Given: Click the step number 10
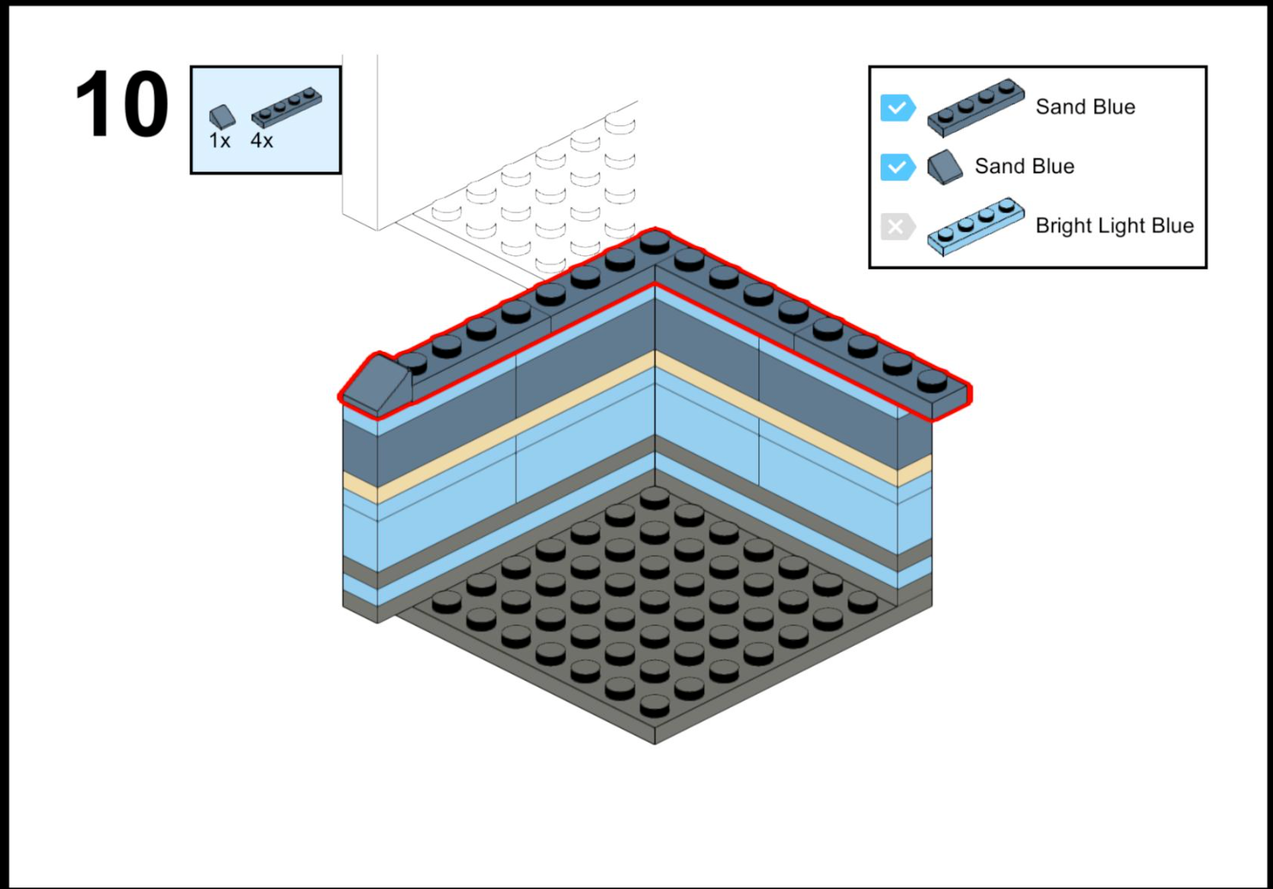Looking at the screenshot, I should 122,104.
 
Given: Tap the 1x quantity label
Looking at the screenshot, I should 219,141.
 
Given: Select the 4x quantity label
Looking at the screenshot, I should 261,141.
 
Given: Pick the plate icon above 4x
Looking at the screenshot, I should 286,107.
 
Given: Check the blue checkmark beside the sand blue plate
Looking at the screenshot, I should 897,108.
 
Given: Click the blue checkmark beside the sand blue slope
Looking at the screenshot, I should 897,167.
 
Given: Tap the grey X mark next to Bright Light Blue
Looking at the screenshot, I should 896,227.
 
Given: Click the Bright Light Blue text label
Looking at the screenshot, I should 1114,226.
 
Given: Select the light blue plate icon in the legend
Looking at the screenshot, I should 975,227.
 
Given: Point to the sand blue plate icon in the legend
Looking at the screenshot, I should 975,108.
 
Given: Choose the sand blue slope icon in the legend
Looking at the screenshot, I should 945,167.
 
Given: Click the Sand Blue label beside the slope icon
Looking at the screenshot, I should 1024,166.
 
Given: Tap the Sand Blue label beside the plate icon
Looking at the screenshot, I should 1085,107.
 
